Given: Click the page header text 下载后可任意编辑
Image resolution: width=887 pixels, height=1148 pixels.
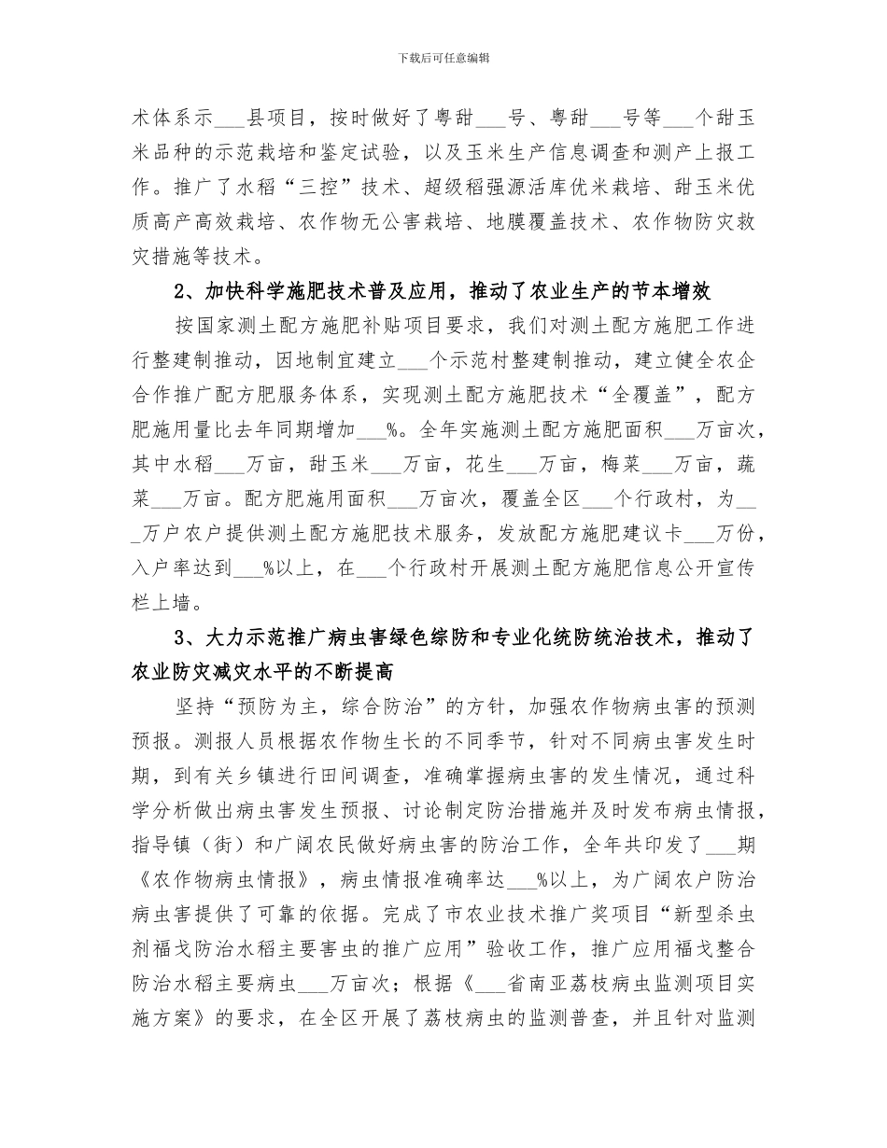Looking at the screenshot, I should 443,58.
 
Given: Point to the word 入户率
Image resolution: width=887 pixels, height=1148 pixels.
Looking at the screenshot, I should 165,567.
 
